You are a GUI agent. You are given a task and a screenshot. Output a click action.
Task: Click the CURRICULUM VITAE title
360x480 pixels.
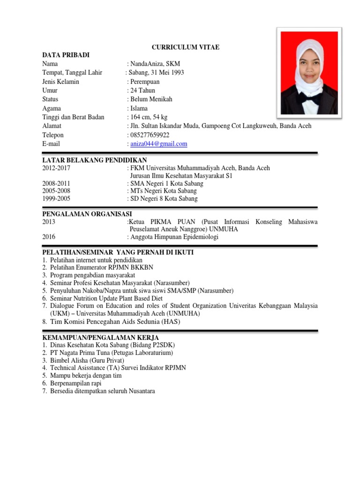coord(185,47)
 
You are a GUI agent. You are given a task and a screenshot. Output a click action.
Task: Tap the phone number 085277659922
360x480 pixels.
coord(150,135)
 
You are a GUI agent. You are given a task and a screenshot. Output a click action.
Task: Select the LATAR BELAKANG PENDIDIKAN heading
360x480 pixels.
coord(94,160)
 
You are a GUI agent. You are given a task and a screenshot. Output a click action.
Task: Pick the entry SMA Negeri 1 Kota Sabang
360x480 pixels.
coord(166,184)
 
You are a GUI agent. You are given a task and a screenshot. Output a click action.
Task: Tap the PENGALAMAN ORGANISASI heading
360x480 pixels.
coord(87,214)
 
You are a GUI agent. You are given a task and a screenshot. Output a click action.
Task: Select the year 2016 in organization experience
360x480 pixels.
coord(49,237)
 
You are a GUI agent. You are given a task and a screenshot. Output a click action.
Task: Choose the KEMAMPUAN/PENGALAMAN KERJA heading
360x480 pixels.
coord(100,337)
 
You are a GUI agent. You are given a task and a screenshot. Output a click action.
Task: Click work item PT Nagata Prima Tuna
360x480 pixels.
coord(112,353)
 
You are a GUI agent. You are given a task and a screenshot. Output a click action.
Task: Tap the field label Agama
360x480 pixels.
coord(52,108)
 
